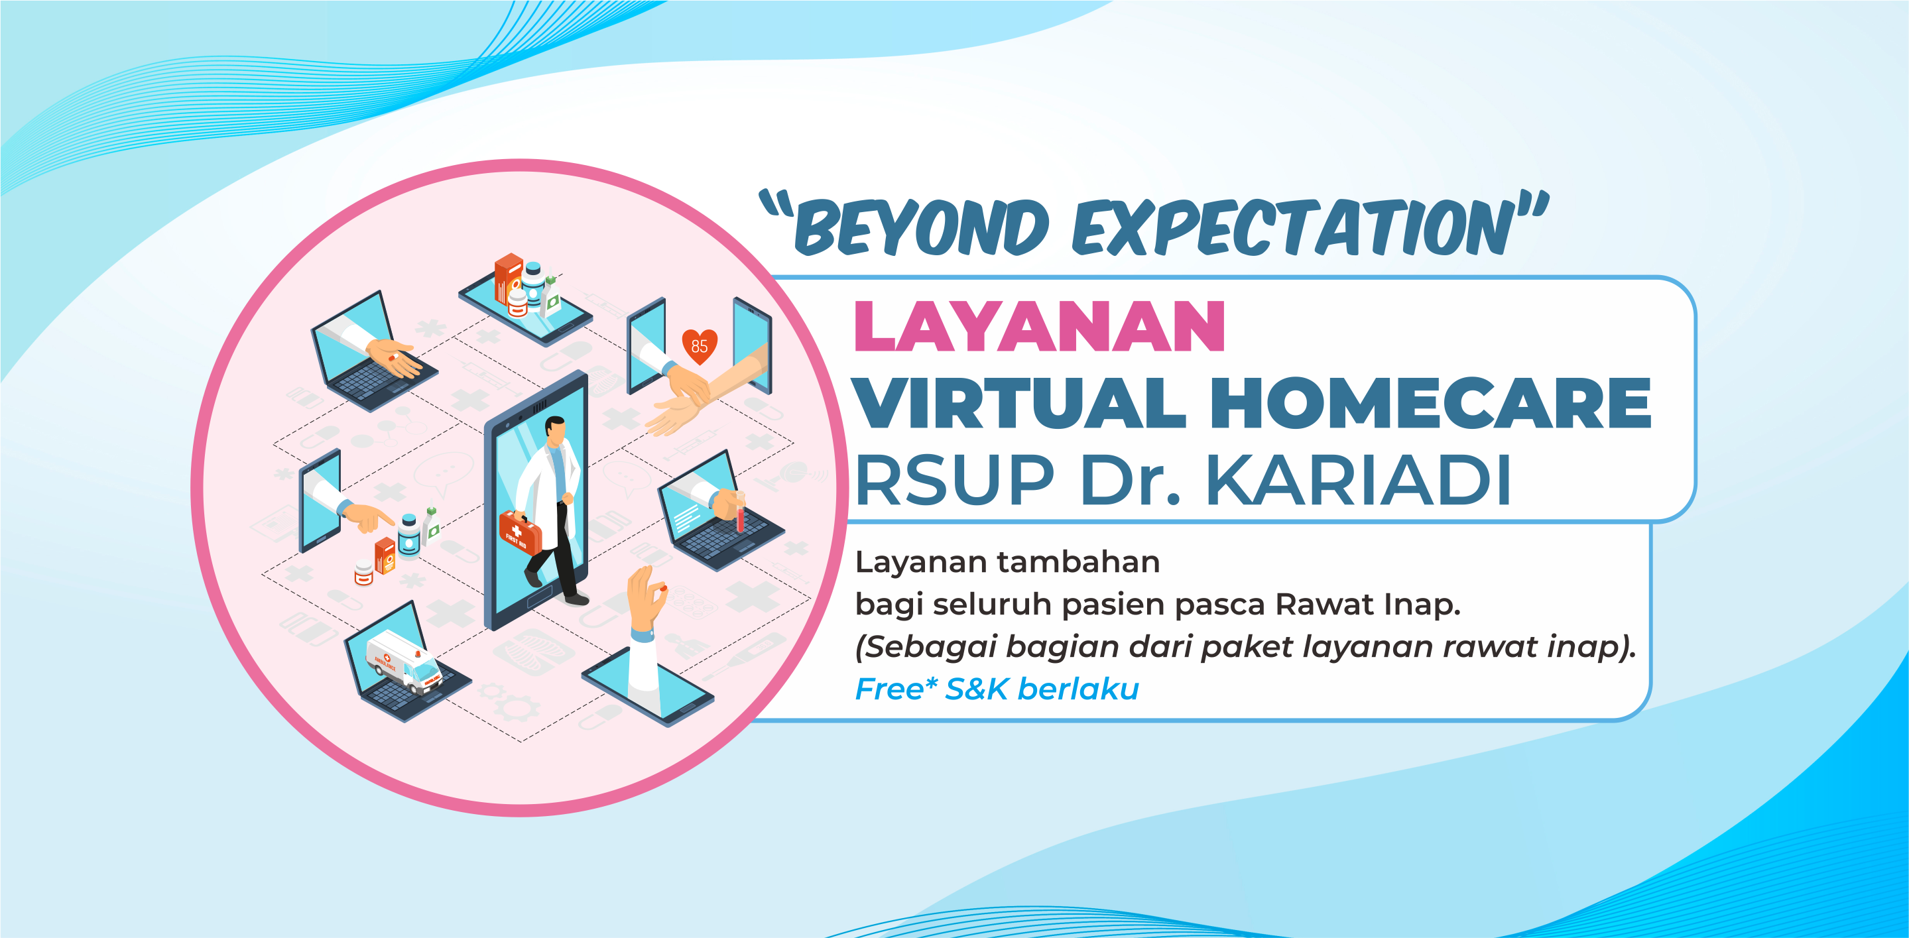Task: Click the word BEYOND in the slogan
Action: [922, 227]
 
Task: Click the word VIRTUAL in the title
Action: [1020, 402]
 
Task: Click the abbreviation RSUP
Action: [955, 480]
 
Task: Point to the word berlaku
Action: [1078, 689]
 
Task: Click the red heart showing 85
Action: [700, 347]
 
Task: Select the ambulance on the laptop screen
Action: [404, 662]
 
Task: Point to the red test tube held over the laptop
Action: [739, 512]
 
